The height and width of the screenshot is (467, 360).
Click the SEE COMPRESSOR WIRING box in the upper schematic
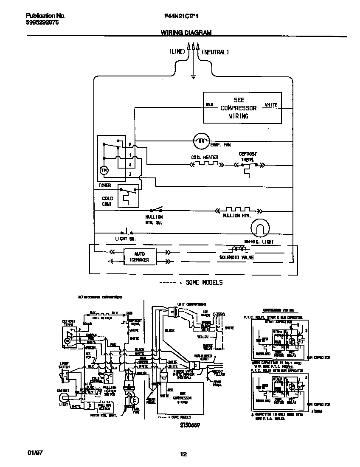point(242,108)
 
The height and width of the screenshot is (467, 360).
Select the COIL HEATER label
point(205,158)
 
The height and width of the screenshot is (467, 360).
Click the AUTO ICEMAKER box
point(136,257)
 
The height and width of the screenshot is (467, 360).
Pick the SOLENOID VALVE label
point(236,257)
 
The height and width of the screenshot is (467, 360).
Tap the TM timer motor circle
point(104,170)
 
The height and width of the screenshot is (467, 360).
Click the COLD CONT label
point(107,201)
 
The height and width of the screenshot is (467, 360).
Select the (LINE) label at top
point(177,52)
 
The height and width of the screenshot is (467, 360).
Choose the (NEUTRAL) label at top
point(215,52)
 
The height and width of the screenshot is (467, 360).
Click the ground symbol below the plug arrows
point(194,76)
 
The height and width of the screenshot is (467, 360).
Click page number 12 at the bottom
point(183,454)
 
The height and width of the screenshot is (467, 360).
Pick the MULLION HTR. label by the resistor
point(237,216)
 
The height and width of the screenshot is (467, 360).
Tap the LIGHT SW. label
point(125,239)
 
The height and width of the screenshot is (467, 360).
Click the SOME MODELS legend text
point(203,282)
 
